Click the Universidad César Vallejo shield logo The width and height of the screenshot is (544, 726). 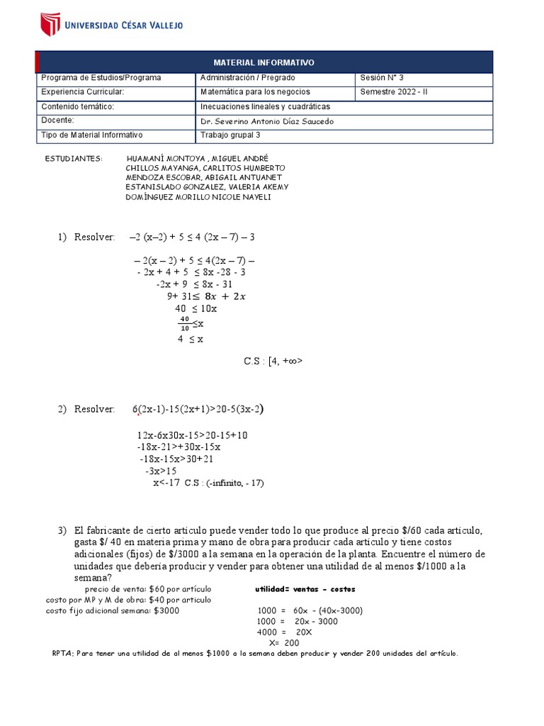click(x=50, y=23)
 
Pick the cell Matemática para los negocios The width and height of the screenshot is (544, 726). click(x=255, y=92)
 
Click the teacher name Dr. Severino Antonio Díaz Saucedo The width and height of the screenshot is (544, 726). click(x=267, y=121)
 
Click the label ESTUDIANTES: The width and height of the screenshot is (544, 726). click(x=73, y=157)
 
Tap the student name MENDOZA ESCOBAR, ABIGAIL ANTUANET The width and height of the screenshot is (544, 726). click(x=203, y=177)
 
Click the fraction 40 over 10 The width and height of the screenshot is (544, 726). click(x=185, y=323)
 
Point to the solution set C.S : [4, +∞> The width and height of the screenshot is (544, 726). click(x=273, y=361)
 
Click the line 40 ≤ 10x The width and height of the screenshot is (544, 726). click(x=195, y=309)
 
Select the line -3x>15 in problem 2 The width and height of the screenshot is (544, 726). click(x=161, y=471)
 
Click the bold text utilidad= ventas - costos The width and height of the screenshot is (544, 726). click(x=305, y=589)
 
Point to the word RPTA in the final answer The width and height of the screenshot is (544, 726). click(x=63, y=654)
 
